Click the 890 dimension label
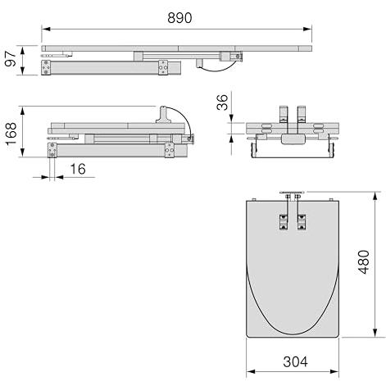pos(179,18)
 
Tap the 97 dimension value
pos(11,58)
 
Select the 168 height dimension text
pos(11,134)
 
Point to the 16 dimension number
pos(78,169)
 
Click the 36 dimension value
pos(222,102)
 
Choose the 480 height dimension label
pos(364,261)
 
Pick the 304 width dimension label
pos(295,362)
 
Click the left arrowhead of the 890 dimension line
pos(46,29)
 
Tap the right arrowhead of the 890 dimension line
pos(307,29)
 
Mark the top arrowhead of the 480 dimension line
pos(376,196)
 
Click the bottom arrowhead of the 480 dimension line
pos(376,333)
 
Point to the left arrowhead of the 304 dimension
pos(251,371)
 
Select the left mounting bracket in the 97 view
pos(46,67)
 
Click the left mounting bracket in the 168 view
pos(52,150)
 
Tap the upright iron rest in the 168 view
pos(163,114)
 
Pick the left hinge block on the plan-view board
pos(284,223)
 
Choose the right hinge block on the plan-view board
pos(302,223)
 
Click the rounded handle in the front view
pos(293,139)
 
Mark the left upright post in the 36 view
pos(284,114)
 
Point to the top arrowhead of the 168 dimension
pos(23,111)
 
